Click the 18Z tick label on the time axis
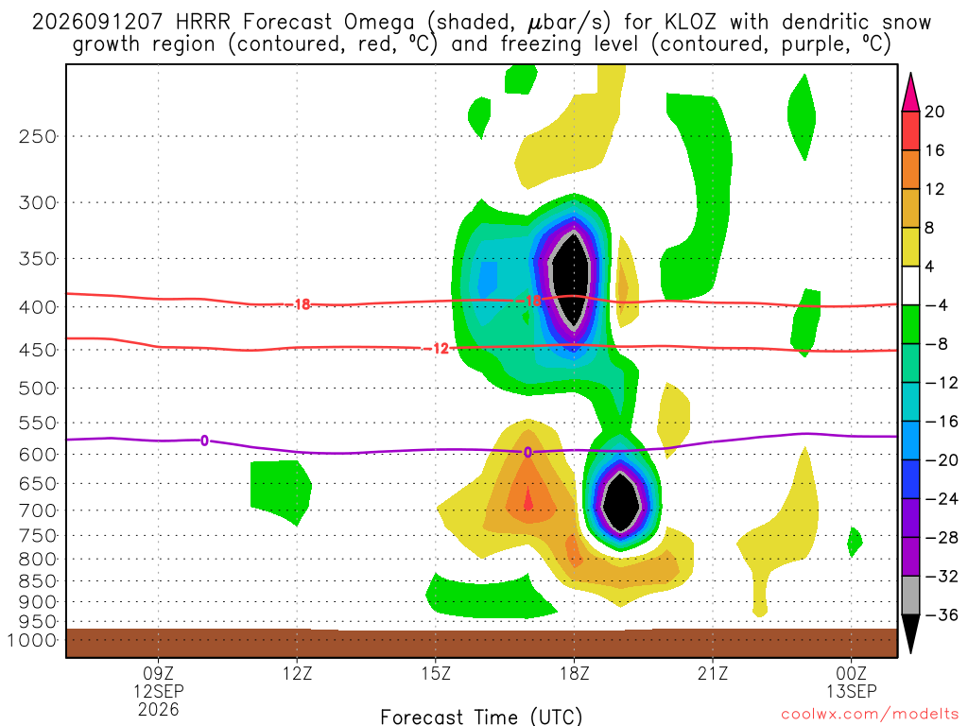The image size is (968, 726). tap(575, 673)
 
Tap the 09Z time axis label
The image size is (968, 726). tap(159, 673)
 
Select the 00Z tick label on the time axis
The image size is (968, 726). tap(852, 673)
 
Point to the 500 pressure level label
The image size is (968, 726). tap(38, 389)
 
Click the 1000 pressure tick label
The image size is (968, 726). tap(33, 640)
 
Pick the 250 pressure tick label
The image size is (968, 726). tap(38, 136)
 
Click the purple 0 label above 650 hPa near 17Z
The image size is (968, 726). tap(527, 453)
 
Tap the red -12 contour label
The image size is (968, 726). tap(437, 349)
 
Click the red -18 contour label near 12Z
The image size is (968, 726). tap(300, 304)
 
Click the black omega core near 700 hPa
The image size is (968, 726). tap(621, 501)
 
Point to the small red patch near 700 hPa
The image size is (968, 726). tap(528, 499)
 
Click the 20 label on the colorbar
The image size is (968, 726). tap(934, 112)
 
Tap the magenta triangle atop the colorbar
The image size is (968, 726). tap(910, 93)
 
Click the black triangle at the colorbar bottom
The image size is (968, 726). tap(910, 633)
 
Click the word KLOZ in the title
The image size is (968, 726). tap(691, 23)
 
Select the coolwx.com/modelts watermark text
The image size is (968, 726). tap(870, 714)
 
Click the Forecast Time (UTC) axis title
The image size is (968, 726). tap(481, 717)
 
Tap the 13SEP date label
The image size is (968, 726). tap(852, 691)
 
